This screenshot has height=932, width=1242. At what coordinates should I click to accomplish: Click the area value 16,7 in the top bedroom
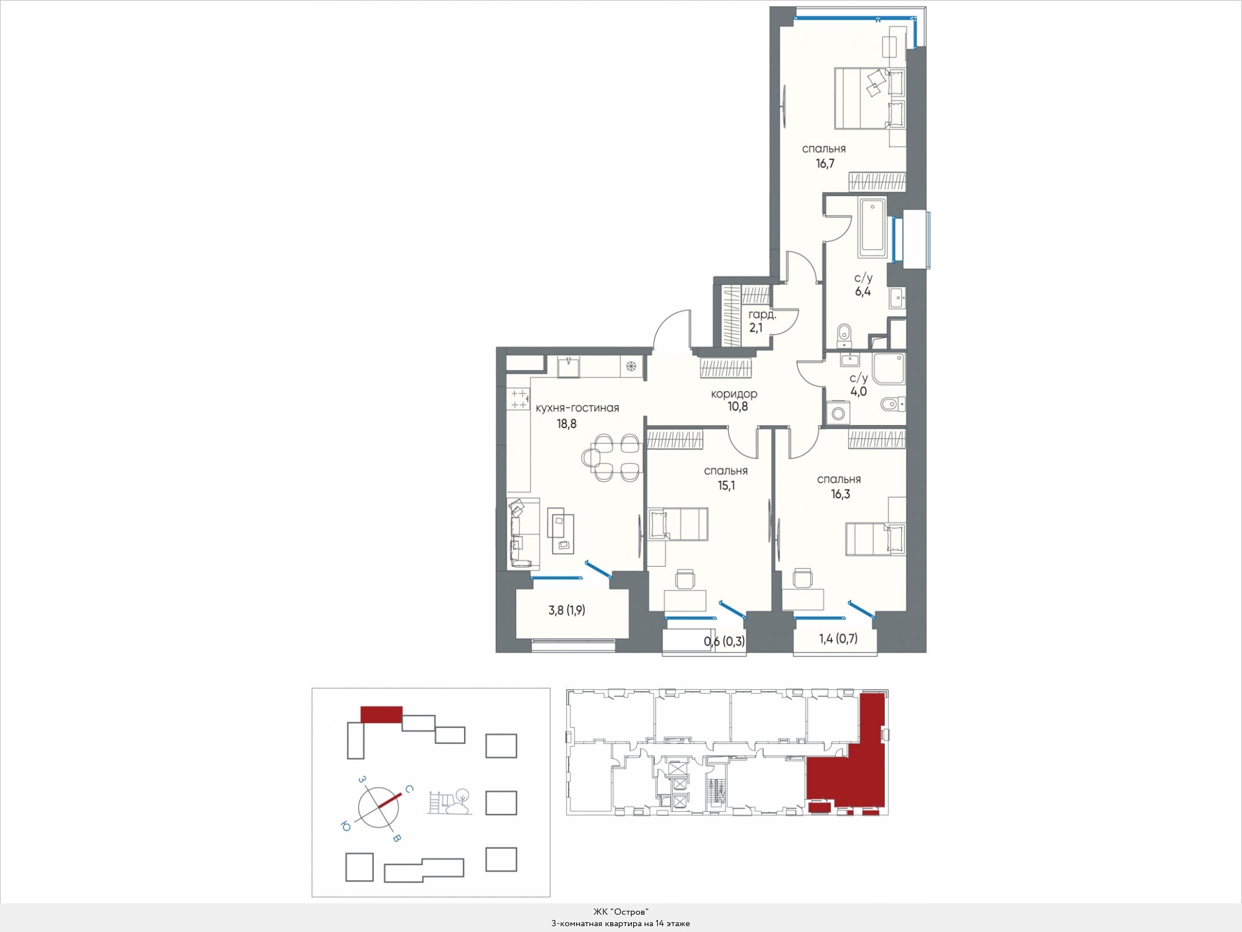click(x=825, y=163)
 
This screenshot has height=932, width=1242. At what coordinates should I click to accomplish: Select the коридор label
click(x=734, y=394)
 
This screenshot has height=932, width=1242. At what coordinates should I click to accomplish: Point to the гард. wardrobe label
click(x=762, y=315)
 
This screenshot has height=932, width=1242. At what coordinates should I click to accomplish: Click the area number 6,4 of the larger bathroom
click(x=862, y=291)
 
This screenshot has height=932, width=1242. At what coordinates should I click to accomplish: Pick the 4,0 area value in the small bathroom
click(x=858, y=392)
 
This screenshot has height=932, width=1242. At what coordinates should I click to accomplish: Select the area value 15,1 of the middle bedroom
click(x=726, y=486)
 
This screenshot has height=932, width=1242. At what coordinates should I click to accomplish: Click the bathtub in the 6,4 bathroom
click(x=872, y=227)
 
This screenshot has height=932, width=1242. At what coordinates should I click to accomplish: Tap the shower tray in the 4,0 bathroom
click(x=888, y=369)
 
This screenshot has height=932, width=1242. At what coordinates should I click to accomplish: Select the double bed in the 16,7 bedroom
click(x=870, y=98)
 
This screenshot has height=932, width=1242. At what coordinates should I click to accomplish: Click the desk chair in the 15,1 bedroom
click(x=685, y=579)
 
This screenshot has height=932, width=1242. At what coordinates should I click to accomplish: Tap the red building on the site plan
click(x=381, y=715)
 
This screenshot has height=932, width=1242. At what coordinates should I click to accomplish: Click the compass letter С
click(x=409, y=790)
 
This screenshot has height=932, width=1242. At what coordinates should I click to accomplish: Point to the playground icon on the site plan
click(x=450, y=801)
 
